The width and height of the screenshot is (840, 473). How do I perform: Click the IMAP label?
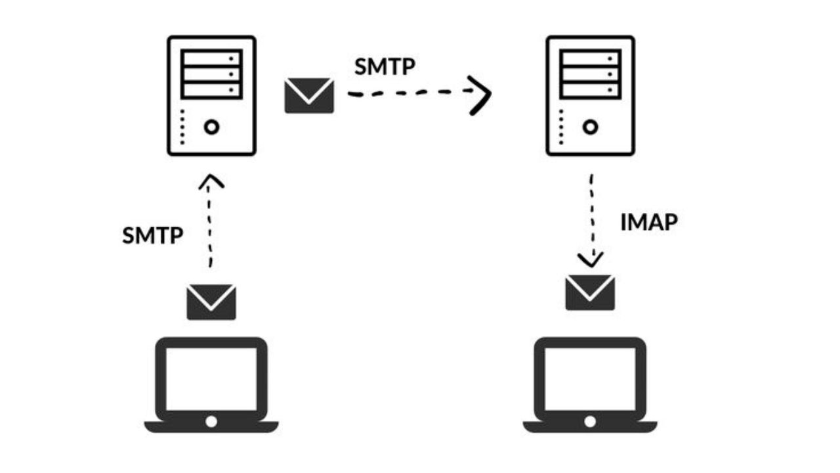point(648,222)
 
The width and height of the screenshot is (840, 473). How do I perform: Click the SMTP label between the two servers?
point(385,66)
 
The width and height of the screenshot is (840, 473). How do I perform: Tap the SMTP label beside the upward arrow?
point(152,235)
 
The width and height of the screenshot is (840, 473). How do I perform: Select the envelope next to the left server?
point(309,95)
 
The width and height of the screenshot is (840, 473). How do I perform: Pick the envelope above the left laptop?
point(211,302)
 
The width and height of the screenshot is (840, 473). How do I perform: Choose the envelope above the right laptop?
point(590,292)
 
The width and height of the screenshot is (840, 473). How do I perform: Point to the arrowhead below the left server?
point(211,181)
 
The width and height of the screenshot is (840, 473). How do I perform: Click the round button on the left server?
point(211,127)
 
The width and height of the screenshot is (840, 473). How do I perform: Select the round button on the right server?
point(591,127)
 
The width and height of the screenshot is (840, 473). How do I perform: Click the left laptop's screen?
point(211,379)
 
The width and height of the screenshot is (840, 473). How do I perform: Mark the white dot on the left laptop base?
point(211,421)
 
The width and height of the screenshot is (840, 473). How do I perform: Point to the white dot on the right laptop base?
point(590,421)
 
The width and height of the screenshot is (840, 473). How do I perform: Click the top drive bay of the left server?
point(211,58)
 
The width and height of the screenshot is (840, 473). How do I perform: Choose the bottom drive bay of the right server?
point(591,90)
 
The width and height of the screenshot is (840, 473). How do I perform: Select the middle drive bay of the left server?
point(211,74)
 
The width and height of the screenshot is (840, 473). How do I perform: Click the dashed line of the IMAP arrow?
point(593,210)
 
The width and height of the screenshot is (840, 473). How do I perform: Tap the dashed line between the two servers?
point(407,94)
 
